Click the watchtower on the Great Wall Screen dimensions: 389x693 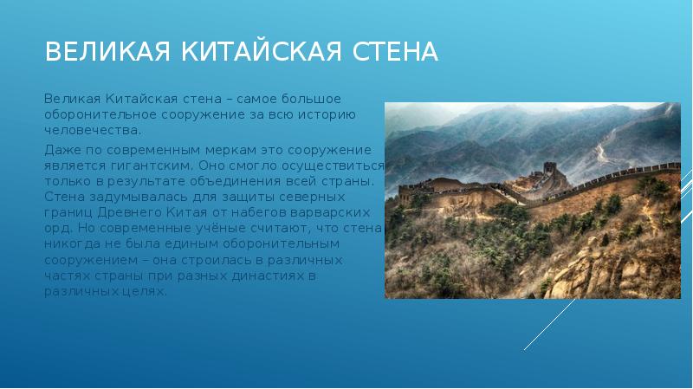coord(552,172)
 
